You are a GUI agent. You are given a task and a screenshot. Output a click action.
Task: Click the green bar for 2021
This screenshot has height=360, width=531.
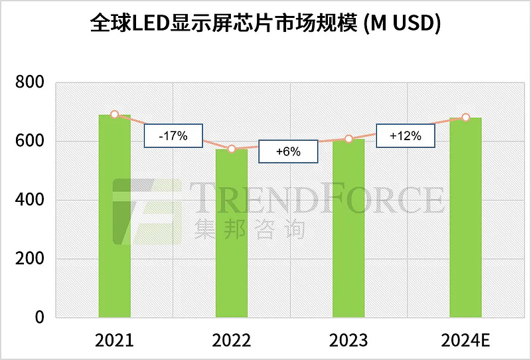click(x=114, y=216)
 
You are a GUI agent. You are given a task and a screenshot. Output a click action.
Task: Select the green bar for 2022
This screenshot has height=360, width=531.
click(x=232, y=233)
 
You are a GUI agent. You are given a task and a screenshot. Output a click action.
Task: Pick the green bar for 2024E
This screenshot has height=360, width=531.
click(x=465, y=217)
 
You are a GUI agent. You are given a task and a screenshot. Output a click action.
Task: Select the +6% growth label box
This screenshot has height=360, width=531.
click(x=288, y=151)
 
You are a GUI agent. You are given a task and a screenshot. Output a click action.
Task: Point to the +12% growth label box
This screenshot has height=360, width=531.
click(x=406, y=135)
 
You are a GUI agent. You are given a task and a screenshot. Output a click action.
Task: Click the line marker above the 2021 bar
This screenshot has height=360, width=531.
click(x=114, y=114)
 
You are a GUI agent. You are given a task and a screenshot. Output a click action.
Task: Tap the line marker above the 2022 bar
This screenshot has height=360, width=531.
click(x=232, y=149)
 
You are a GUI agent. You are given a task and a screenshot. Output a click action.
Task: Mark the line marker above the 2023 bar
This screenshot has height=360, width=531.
click(x=348, y=139)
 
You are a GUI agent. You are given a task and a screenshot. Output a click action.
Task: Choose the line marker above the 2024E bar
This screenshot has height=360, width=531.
click(x=465, y=118)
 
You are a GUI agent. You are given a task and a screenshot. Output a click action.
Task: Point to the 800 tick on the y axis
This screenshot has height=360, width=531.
click(x=29, y=83)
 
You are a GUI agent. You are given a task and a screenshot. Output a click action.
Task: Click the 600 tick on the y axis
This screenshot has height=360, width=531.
click(x=29, y=141)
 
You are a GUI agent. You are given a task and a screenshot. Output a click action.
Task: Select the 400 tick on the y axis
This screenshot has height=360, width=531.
click(x=29, y=200)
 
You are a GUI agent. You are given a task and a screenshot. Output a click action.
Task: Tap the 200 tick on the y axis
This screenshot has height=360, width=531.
click(x=29, y=259)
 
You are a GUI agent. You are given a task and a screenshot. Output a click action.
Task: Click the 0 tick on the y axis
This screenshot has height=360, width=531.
click(x=39, y=317)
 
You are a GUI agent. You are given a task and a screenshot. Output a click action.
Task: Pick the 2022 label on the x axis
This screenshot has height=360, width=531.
click(x=232, y=341)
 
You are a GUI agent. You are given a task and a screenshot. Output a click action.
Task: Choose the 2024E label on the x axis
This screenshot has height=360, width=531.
click(x=465, y=341)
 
